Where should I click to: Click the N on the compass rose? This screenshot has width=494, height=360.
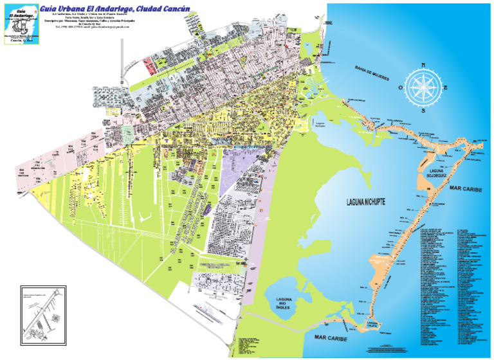423,64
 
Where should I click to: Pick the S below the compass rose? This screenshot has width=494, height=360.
423,111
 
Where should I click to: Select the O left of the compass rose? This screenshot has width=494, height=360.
399,88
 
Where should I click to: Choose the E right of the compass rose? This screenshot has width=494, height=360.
446,88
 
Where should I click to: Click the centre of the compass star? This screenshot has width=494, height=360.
423,88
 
